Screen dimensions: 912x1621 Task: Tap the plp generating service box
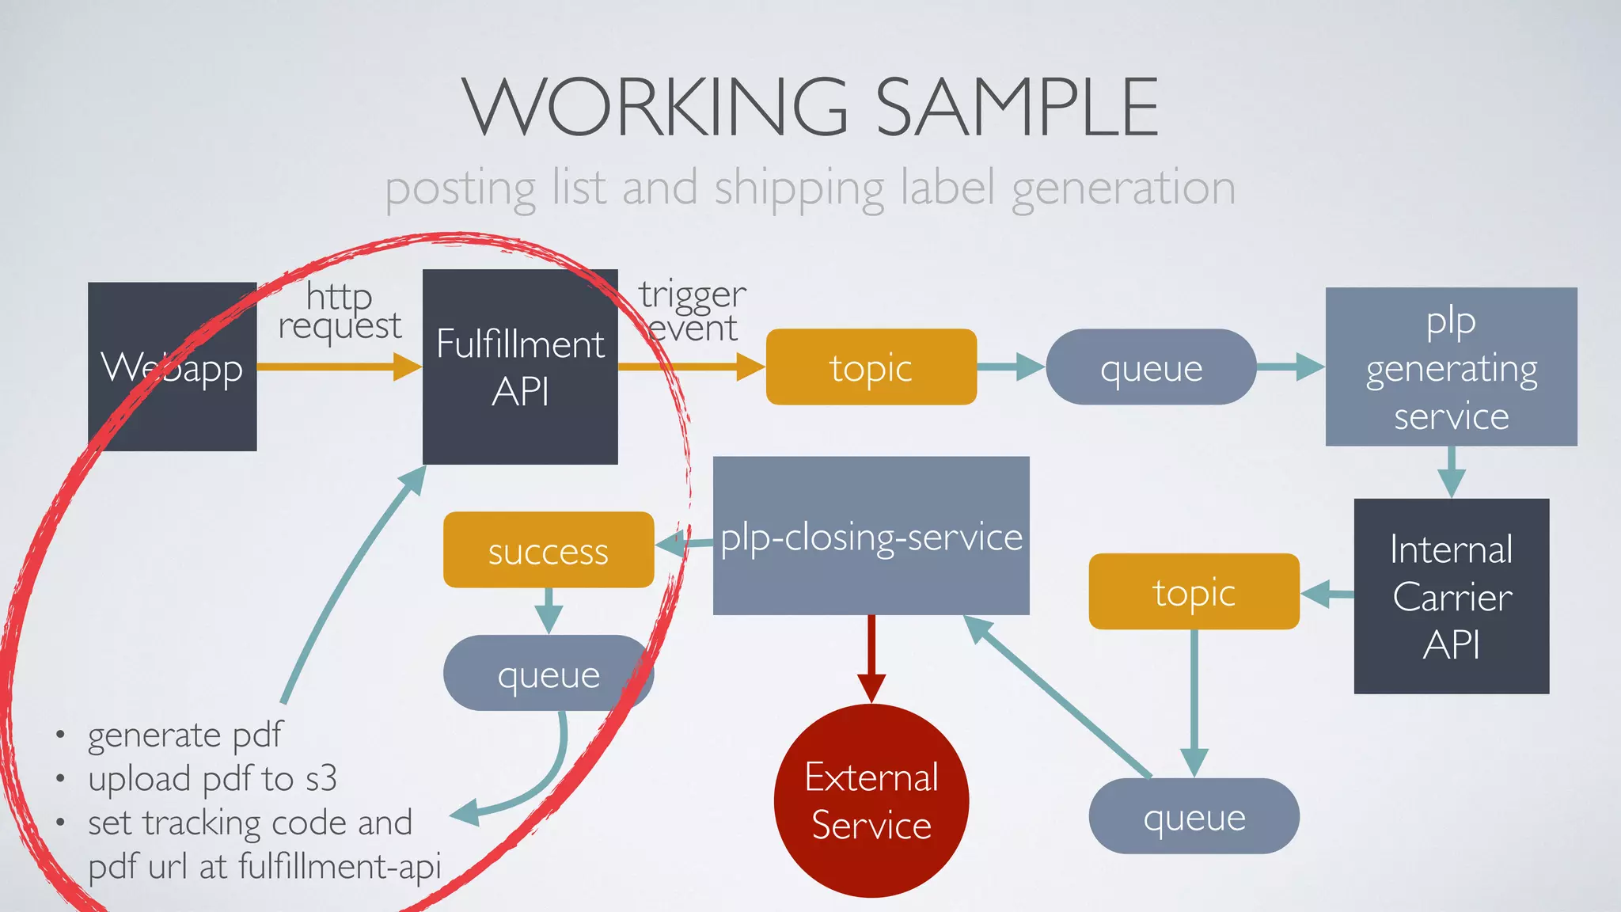[x=1451, y=367]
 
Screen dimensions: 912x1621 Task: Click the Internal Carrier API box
[x=1451, y=596]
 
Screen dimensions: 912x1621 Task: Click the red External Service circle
[x=871, y=800]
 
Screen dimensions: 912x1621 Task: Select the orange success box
[x=548, y=550]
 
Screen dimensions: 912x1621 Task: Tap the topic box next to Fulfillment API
[x=871, y=367]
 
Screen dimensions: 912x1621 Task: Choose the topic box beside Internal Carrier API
[x=1194, y=591]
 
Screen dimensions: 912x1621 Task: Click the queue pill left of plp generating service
[x=1151, y=367]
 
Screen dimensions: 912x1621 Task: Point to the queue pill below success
[x=548, y=673]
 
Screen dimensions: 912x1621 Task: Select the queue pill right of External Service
[x=1194, y=816]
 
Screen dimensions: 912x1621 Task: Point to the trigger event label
[x=693, y=310]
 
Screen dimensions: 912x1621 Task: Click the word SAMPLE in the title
[x=1016, y=107]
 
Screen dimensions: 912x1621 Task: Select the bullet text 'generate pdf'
[x=184, y=735]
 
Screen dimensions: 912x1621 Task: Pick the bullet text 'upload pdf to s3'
[x=212, y=779]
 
